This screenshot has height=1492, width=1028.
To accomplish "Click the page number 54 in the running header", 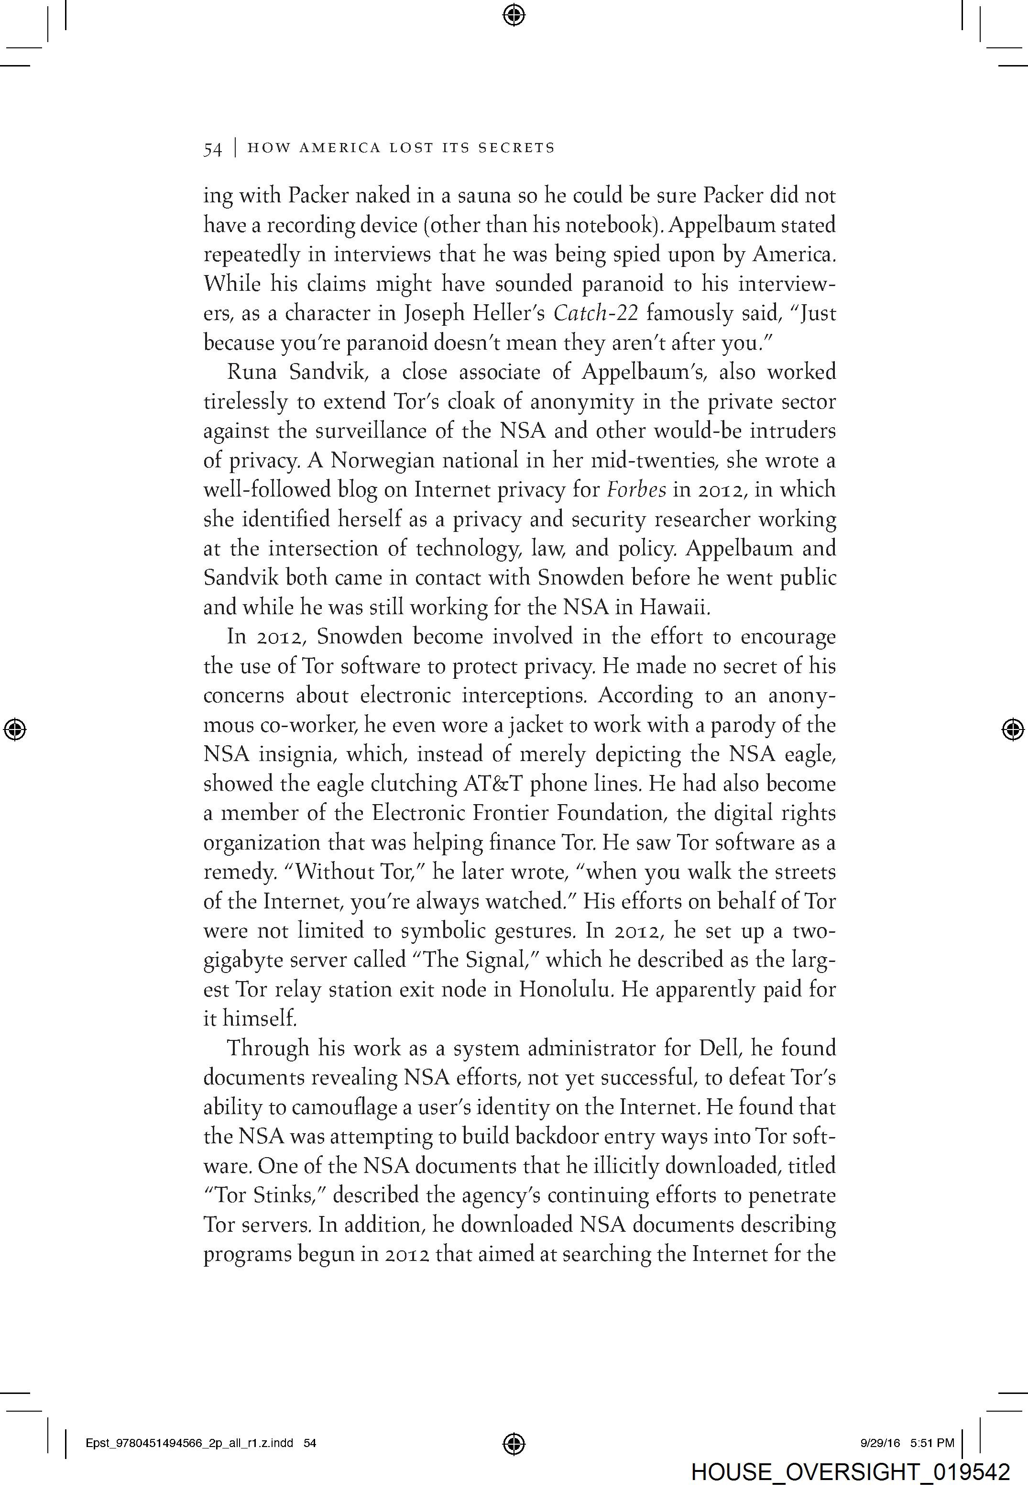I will pos(213,149).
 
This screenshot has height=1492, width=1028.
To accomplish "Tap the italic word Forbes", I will pos(636,490).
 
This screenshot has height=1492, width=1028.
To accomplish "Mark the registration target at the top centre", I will pos(514,14).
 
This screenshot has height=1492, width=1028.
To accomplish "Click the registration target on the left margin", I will pos(15,729).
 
